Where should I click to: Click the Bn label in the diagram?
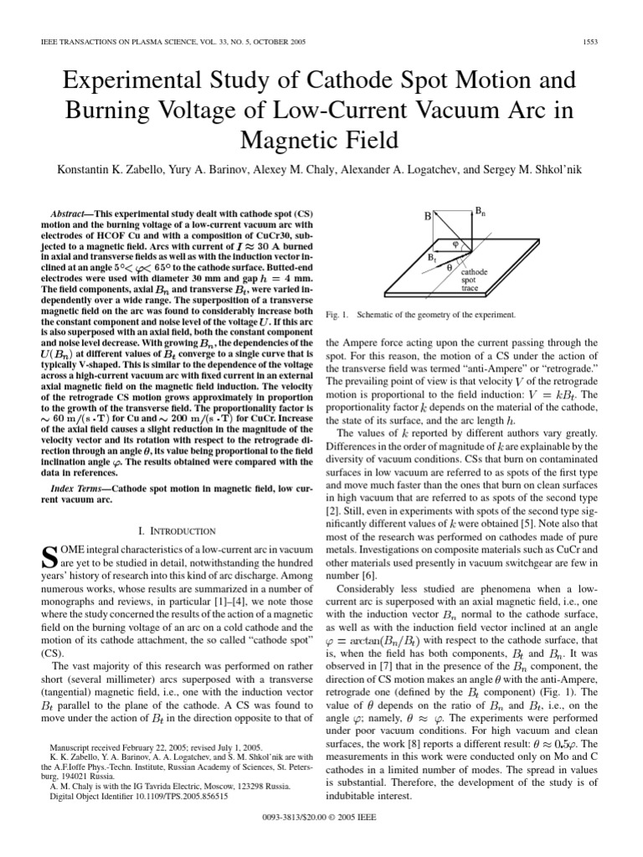pos(480,213)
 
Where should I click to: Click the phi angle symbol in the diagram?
pos(455,245)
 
